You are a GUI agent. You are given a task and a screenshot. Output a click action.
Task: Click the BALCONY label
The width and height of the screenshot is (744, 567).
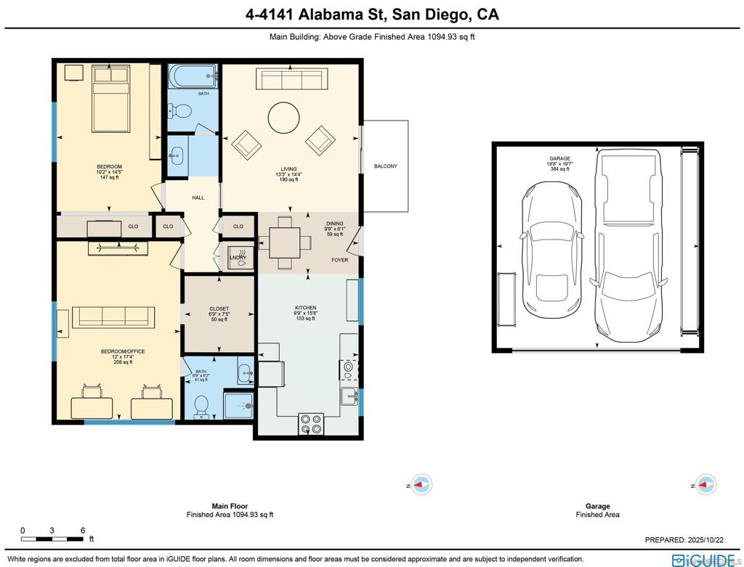point(385,166)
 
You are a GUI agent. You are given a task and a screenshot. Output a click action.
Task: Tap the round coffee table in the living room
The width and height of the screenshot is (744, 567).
point(283,116)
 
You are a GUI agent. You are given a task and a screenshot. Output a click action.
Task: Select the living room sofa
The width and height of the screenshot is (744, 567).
point(289,78)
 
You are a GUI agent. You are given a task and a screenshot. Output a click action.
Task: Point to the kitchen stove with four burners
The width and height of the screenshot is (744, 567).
point(311,423)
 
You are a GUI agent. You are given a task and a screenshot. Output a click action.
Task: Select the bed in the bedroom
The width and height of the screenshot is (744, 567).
point(110,98)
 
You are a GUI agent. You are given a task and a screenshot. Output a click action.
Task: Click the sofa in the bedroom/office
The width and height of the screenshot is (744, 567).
point(113,316)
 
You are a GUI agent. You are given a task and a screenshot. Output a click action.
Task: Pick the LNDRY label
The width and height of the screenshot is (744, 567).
point(238,257)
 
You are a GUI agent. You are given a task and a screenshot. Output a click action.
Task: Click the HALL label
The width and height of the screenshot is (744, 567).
point(198,197)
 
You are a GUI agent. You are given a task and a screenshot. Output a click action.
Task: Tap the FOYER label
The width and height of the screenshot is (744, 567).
point(339,260)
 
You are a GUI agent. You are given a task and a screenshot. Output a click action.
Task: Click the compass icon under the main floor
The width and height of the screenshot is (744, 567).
point(421,484)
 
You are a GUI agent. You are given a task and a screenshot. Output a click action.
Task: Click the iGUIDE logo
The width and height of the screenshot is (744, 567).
point(705,560)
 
